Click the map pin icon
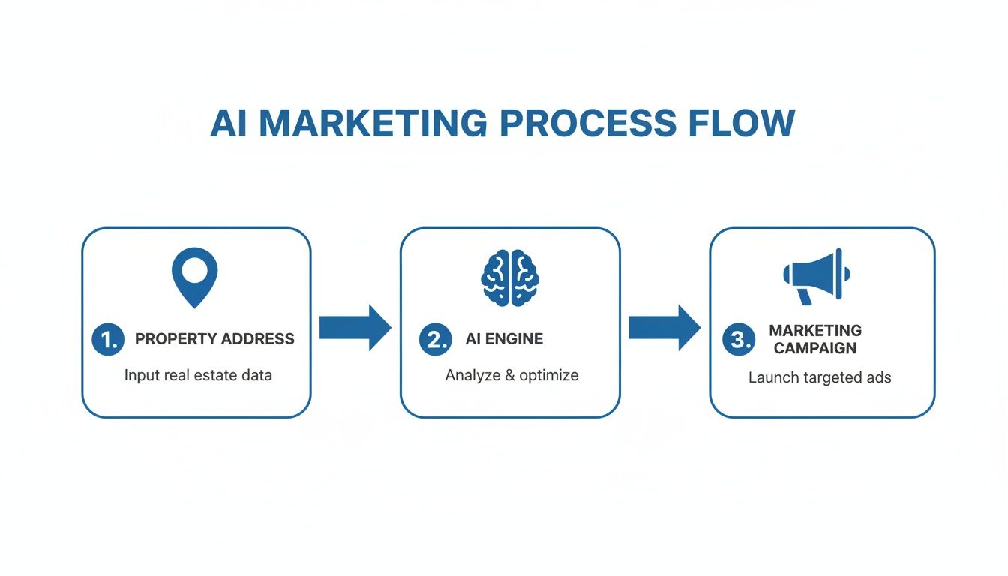[x=195, y=276]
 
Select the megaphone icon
[x=815, y=276]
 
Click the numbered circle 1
[x=107, y=339]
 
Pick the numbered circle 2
[x=436, y=339]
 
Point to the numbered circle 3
[x=739, y=340]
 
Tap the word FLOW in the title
[x=745, y=123]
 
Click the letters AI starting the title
[x=229, y=123]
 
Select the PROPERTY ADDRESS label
[x=214, y=339]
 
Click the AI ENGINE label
[x=504, y=339]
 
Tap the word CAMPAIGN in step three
[x=815, y=348]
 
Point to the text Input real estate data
[x=198, y=374]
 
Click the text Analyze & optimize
[x=511, y=375]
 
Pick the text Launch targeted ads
[x=820, y=377]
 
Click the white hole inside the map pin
[x=195, y=270]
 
